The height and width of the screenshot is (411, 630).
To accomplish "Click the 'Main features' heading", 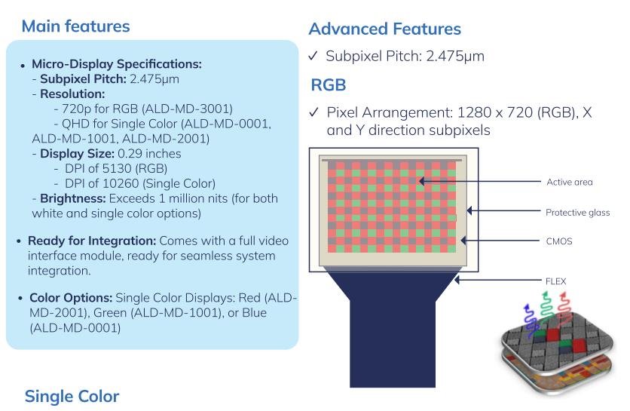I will (x=75, y=26).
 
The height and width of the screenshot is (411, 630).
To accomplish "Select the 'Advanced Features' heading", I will (x=384, y=29).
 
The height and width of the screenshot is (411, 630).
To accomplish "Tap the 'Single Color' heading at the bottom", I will (x=72, y=396).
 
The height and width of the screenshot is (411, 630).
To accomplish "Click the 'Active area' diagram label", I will (x=569, y=182).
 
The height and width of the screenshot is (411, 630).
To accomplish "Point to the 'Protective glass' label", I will (x=576, y=212).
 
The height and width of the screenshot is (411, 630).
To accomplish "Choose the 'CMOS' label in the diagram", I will (x=559, y=242).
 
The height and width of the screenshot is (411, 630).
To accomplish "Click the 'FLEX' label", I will (x=555, y=281).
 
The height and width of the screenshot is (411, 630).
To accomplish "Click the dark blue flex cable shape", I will (x=392, y=332).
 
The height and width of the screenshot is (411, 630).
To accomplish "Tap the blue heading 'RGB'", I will (x=329, y=84).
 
